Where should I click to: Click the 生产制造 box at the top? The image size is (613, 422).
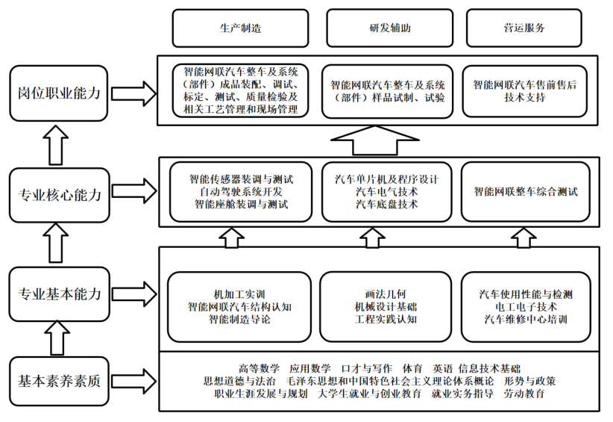point(240,28)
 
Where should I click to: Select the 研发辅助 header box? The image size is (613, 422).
point(390,28)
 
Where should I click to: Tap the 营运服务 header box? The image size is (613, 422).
point(524,28)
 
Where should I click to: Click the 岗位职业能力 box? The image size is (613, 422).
point(59,93)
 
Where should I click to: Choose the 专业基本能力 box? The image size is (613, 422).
point(59,294)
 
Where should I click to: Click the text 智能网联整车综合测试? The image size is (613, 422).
point(525,191)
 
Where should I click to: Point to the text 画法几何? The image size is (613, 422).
point(386,294)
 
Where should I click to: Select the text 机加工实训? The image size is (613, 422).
point(239,294)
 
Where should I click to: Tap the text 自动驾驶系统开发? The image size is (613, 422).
point(240,192)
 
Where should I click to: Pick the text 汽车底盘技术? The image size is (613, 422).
point(386,204)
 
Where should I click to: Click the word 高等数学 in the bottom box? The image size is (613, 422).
point(259,368)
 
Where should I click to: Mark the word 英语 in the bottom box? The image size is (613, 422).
point(441,368)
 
